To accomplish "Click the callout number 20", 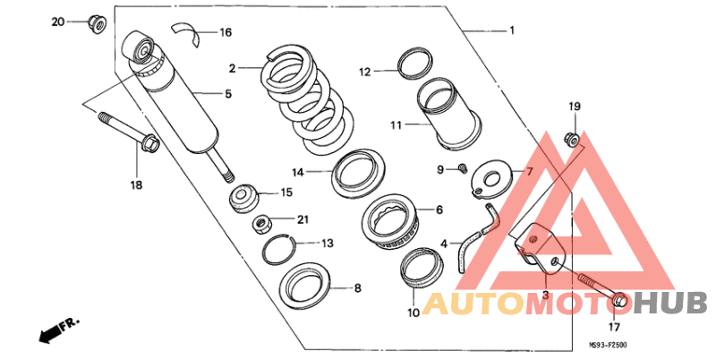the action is click(x=58, y=21).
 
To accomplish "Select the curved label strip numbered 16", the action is click(x=186, y=34).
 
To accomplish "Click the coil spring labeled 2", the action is click(x=309, y=99).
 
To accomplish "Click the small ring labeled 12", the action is click(x=415, y=63).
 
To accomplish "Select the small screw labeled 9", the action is click(x=463, y=168).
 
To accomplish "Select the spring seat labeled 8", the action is click(x=305, y=286).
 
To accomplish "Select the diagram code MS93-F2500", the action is click(x=607, y=345).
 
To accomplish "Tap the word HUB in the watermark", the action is click(x=670, y=303).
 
